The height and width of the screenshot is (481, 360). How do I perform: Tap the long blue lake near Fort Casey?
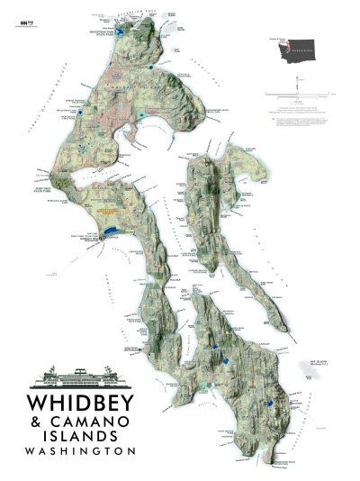pyautogui.click(x=108, y=231)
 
